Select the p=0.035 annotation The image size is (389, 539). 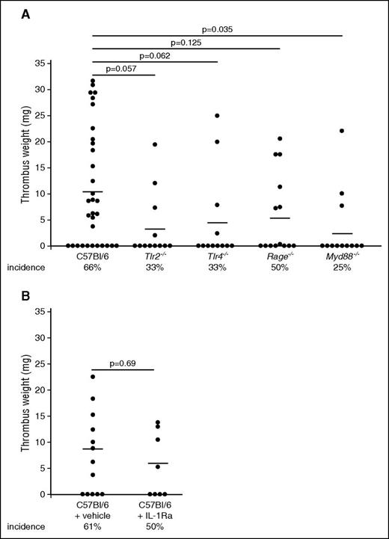click(217, 29)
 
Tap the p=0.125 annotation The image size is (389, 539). click(186, 43)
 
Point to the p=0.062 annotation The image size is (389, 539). click(156, 56)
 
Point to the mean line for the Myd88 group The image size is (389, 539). click(342, 233)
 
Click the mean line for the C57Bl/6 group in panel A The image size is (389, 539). click(93, 191)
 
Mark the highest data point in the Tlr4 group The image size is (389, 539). click(217, 115)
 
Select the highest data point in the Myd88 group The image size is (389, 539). click(342, 131)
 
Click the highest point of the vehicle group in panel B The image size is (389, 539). click(94, 377)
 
